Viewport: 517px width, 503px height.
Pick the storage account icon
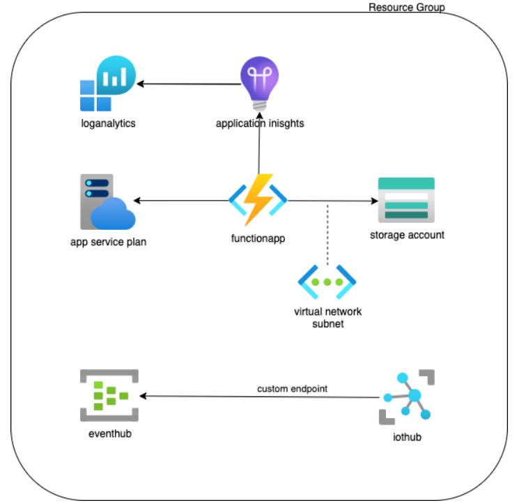tap(406, 200)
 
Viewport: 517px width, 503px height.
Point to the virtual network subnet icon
tap(327, 283)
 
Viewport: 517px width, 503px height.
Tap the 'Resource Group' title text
tap(406, 7)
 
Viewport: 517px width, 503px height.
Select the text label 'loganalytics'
tap(107, 124)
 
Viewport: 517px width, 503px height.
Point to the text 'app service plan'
tap(108, 242)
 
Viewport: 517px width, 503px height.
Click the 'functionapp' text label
tap(258, 238)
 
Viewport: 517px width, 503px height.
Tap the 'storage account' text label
tap(407, 235)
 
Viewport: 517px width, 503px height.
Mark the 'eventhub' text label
tap(109, 434)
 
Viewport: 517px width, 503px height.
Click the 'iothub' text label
tap(407, 438)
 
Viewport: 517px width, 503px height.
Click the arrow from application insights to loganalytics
tap(188, 84)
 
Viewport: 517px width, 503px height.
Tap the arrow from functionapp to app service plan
tap(181, 201)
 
